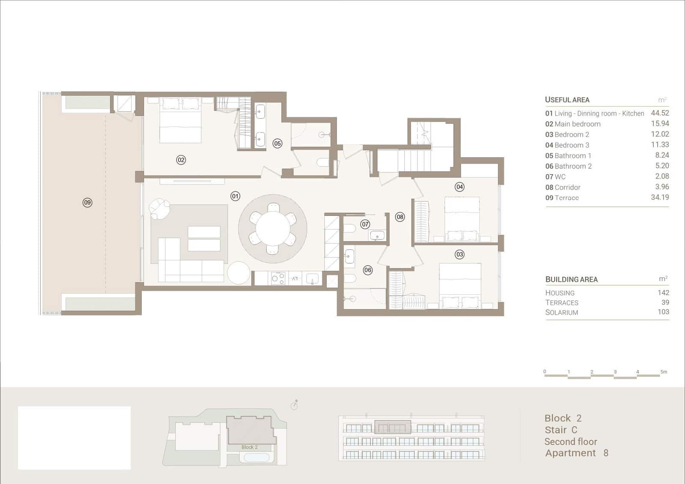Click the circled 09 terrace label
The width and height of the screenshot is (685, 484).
87,203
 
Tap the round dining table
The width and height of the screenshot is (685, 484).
273,230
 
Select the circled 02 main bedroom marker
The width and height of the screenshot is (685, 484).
181,160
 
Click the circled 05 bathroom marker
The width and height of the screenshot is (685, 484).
277,143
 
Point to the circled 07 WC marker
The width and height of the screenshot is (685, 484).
365,224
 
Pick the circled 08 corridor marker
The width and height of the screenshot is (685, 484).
400,217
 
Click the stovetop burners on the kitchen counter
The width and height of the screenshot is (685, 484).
278,278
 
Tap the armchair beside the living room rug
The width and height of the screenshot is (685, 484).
159,208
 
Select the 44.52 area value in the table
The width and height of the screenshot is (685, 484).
659,113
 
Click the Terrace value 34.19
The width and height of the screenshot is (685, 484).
659,197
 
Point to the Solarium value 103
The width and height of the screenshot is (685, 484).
663,312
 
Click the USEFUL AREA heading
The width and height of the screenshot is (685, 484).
567,100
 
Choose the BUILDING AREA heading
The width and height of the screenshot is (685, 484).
571,280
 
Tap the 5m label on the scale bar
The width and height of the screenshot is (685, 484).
663,372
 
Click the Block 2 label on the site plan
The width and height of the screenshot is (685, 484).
249,447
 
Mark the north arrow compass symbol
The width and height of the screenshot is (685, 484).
294,405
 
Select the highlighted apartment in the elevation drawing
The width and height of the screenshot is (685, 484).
393,427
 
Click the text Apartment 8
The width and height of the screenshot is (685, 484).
576,453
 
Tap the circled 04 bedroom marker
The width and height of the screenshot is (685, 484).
459,187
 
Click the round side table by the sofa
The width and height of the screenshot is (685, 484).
238,273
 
